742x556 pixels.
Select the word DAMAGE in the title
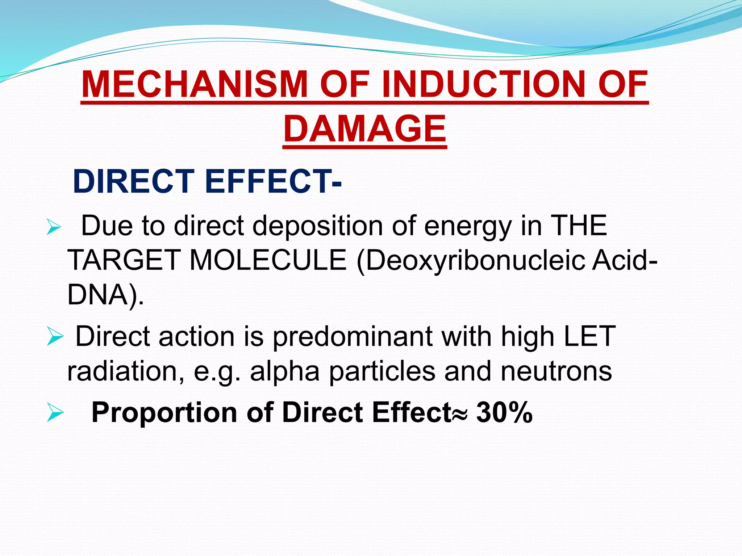point(365,129)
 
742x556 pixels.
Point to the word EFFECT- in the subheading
point(273,181)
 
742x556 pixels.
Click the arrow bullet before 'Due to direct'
point(54,228)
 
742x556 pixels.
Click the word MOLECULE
point(268,260)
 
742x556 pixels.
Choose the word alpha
point(285,371)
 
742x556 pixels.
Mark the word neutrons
point(556,371)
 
